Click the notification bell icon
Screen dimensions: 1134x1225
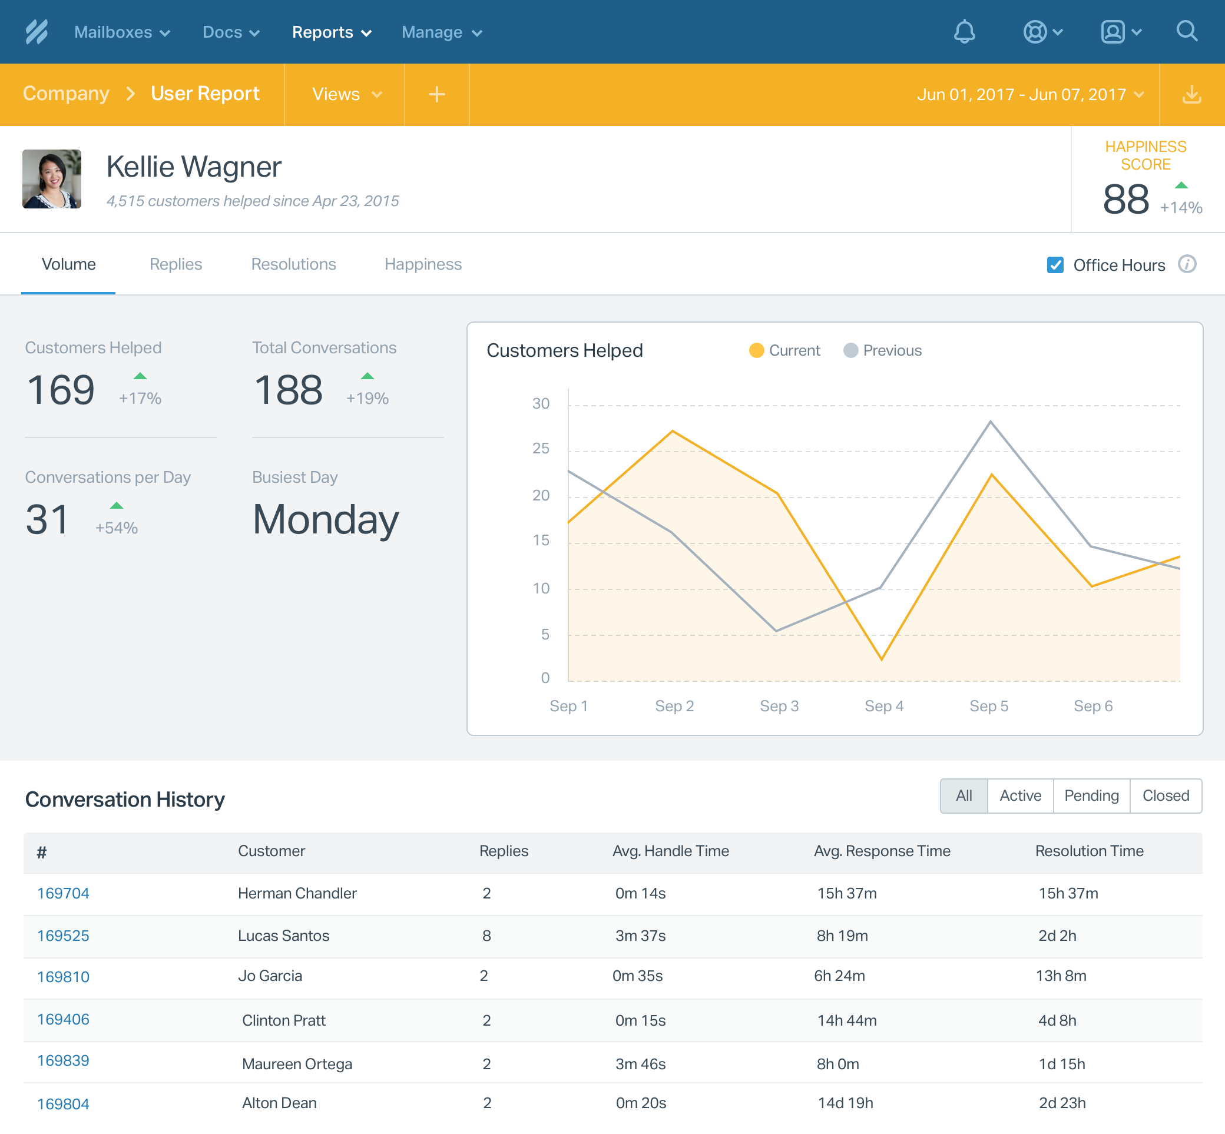point(964,32)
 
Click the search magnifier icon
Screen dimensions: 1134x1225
point(1186,31)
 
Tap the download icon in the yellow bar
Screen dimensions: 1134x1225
point(1191,94)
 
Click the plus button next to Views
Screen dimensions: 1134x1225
point(436,94)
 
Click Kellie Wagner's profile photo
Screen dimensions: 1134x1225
point(52,179)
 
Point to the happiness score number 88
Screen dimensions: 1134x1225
point(1125,200)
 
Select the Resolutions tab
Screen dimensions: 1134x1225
point(293,264)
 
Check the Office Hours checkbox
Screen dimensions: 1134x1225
point(1055,265)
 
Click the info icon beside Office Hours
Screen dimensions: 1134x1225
point(1186,264)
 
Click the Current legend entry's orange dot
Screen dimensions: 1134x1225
point(756,350)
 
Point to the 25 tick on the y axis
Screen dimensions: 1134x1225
point(541,449)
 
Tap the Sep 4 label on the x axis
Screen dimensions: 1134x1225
point(884,707)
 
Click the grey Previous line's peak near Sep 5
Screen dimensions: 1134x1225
point(990,422)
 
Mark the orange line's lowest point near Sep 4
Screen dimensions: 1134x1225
point(882,659)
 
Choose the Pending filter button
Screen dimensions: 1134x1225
point(1091,796)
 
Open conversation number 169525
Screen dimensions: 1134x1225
point(63,936)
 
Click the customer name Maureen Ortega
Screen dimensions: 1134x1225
point(297,1064)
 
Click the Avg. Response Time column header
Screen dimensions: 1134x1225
point(881,851)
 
